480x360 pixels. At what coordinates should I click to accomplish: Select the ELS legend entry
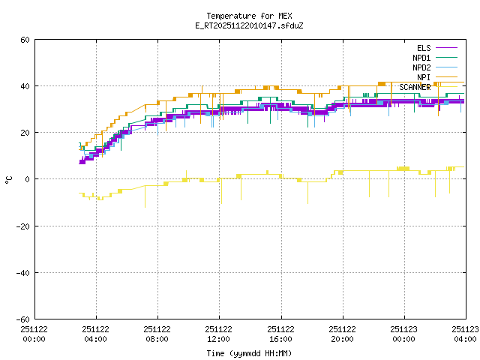[x=424, y=48]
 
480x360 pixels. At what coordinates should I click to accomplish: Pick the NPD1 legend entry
[x=421, y=58]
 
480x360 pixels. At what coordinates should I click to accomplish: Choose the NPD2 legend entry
[x=421, y=67]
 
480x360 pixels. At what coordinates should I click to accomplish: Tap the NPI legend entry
[x=424, y=77]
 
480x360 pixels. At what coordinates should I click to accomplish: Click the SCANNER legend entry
[x=415, y=87]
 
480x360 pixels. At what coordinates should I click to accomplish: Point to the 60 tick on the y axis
[x=25, y=40]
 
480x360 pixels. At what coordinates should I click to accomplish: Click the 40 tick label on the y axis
[x=25, y=86]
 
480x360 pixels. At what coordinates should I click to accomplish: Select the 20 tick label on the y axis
[x=25, y=133]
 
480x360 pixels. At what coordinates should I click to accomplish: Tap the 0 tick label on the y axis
[x=27, y=179]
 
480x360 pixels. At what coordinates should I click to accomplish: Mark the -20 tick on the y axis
[x=22, y=226]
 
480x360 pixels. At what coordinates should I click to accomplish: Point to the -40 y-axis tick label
[x=22, y=272]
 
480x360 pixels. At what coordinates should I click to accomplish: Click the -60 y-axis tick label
[x=22, y=319]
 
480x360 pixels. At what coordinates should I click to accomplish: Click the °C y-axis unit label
[x=9, y=179]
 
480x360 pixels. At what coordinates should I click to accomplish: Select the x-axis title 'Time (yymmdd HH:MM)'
[x=249, y=353]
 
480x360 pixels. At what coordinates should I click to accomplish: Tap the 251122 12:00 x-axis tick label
[x=219, y=334]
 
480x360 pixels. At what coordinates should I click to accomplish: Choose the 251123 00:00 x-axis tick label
[x=403, y=334]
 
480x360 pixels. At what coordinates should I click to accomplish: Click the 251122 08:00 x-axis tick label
[x=157, y=334]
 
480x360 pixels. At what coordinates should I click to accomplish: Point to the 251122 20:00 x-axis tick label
[x=342, y=334]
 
